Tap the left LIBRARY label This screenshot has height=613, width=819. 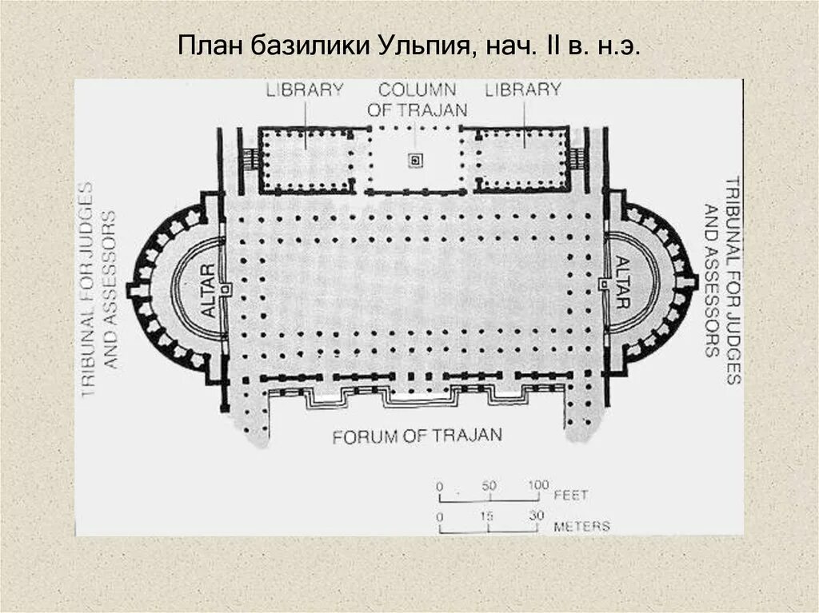(x=306, y=90)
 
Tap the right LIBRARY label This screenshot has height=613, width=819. (x=523, y=90)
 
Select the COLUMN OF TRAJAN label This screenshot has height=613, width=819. (x=417, y=100)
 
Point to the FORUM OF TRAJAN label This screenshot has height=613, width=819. (x=417, y=436)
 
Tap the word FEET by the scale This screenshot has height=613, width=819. (x=571, y=496)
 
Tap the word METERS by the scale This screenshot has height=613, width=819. (x=581, y=527)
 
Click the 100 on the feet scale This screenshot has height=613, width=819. (x=537, y=484)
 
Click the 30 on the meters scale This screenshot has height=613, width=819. (x=536, y=515)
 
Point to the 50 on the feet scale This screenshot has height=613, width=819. (x=489, y=484)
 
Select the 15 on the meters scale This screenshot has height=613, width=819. (x=487, y=515)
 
